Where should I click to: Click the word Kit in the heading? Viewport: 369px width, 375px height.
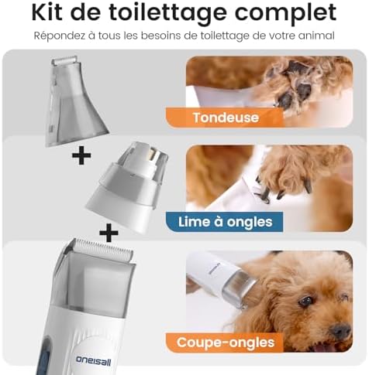[x=52, y=13]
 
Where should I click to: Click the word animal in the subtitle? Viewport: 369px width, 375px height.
[x=316, y=36]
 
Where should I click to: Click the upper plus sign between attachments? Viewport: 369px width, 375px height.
[x=81, y=158]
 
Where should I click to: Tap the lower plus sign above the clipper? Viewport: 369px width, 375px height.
[x=109, y=232]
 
